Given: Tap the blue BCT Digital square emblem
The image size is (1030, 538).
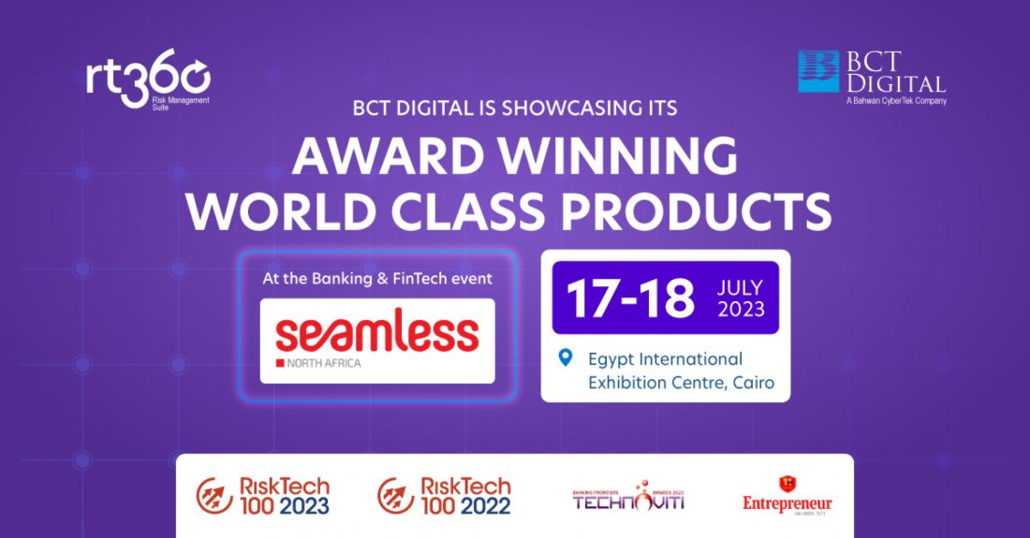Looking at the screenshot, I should coord(818,71).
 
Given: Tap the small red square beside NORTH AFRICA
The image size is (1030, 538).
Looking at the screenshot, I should coord(280,361).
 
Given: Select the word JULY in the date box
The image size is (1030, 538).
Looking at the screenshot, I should coord(742,287).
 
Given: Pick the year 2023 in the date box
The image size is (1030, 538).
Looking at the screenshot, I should coord(742,310).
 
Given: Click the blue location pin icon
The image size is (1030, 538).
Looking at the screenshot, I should coord(565,357).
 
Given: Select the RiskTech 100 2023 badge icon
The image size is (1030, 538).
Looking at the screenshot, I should coord(214,496).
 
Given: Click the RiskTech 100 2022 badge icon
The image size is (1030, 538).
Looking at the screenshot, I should coord(396,496).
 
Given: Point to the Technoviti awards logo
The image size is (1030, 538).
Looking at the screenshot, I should coord(628,497).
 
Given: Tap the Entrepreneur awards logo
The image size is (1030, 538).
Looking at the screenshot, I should coord(787,496).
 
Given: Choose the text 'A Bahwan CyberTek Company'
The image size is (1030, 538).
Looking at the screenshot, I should coord(896,100).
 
